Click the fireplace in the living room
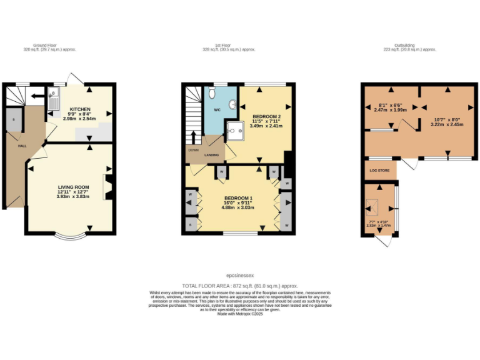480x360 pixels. [109, 187]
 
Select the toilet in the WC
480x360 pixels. [213, 94]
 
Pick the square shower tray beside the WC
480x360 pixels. [235, 130]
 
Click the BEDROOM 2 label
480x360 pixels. [267, 117]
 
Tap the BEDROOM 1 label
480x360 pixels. [237, 198]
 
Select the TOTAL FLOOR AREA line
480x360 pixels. [240, 285]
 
